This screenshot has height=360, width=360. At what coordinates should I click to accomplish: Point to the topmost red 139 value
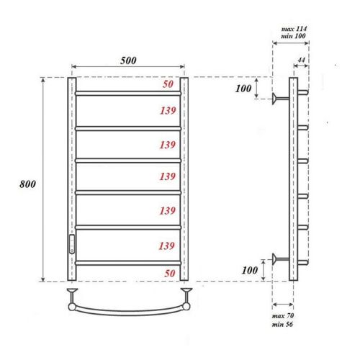point(167,111)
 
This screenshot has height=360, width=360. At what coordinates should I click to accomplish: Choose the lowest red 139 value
point(167,246)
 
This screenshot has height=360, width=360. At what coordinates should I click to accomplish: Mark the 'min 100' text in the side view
point(289,36)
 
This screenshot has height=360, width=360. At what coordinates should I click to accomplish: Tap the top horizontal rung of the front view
point(127,93)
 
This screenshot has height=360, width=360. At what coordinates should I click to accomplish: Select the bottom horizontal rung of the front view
point(127,264)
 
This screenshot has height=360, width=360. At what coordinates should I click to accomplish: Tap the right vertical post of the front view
point(184,180)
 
